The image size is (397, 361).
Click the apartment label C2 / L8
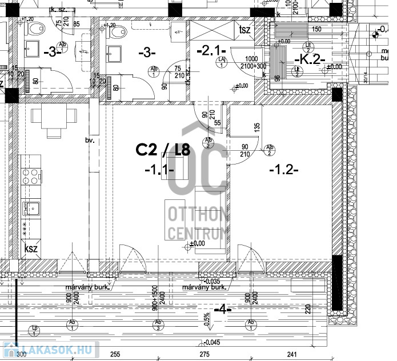[163, 150]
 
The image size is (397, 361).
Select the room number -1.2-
[283, 170]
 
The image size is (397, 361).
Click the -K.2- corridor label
[309, 59]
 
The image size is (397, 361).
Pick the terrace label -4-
[222, 310]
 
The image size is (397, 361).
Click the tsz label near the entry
[246, 30]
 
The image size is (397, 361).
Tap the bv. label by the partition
[89, 139]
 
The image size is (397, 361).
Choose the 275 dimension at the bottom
[205, 355]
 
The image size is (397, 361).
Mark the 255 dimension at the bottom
[116, 355]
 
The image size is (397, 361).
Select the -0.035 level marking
[211, 281]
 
